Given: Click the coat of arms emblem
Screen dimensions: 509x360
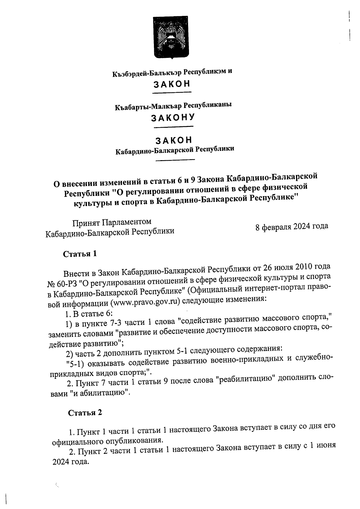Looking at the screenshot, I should click(x=171, y=37).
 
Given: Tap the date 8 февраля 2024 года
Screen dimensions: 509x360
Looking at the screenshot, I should click(x=292, y=226).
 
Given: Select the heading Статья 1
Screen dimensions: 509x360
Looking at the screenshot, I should click(x=80, y=254).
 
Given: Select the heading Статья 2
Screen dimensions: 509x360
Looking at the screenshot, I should click(x=85, y=412).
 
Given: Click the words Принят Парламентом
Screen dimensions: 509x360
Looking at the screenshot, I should click(x=112, y=222).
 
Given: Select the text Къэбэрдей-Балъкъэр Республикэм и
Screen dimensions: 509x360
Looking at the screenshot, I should click(x=172, y=72).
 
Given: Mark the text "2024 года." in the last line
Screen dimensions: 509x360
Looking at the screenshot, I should click(x=71, y=462).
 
